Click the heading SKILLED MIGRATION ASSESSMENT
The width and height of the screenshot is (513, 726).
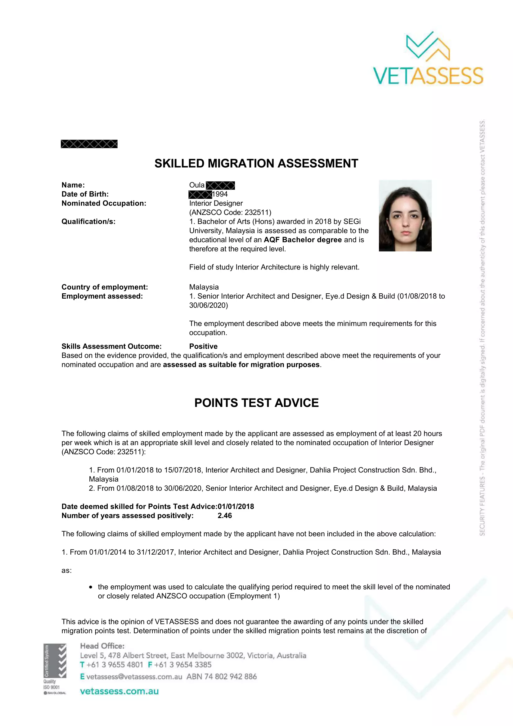(x=256, y=164)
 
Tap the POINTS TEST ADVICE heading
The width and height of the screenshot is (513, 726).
(x=256, y=403)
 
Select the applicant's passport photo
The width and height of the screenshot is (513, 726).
(x=405, y=216)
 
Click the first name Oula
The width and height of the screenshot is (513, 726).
(x=196, y=185)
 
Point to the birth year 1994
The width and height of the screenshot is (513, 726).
(x=220, y=194)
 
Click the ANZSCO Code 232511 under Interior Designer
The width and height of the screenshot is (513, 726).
(x=230, y=212)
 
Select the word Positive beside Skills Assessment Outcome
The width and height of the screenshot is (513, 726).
(x=203, y=346)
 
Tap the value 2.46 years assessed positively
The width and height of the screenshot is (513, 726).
(x=225, y=516)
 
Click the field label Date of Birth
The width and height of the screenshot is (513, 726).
(x=85, y=194)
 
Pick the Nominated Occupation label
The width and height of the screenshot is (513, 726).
(x=104, y=203)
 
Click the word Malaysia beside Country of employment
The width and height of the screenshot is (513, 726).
(x=204, y=287)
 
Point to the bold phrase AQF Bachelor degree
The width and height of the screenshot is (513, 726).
(x=303, y=240)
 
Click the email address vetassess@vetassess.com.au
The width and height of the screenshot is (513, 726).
(x=134, y=676)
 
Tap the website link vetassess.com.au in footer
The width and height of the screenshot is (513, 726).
(x=119, y=691)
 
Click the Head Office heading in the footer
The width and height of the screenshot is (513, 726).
(x=102, y=646)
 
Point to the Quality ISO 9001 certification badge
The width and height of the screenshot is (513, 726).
(x=55, y=669)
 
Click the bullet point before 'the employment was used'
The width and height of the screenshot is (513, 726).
(x=91, y=587)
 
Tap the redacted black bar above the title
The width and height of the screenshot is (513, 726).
(x=89, y=144)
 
